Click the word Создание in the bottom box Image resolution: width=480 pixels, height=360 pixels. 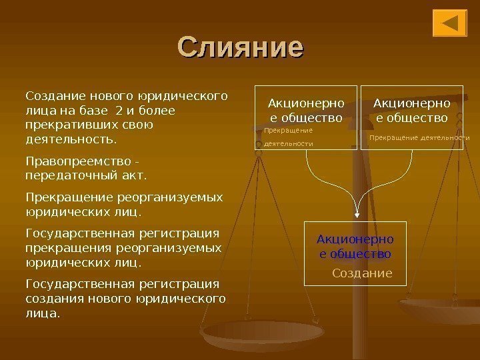coord(362,273)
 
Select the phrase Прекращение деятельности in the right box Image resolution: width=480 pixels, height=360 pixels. coord(419,138)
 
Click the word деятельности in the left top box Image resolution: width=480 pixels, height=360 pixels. coord(289,143)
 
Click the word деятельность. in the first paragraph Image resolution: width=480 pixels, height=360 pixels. coord(69,140)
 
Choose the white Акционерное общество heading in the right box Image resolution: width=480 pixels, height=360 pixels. coord(411,111)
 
